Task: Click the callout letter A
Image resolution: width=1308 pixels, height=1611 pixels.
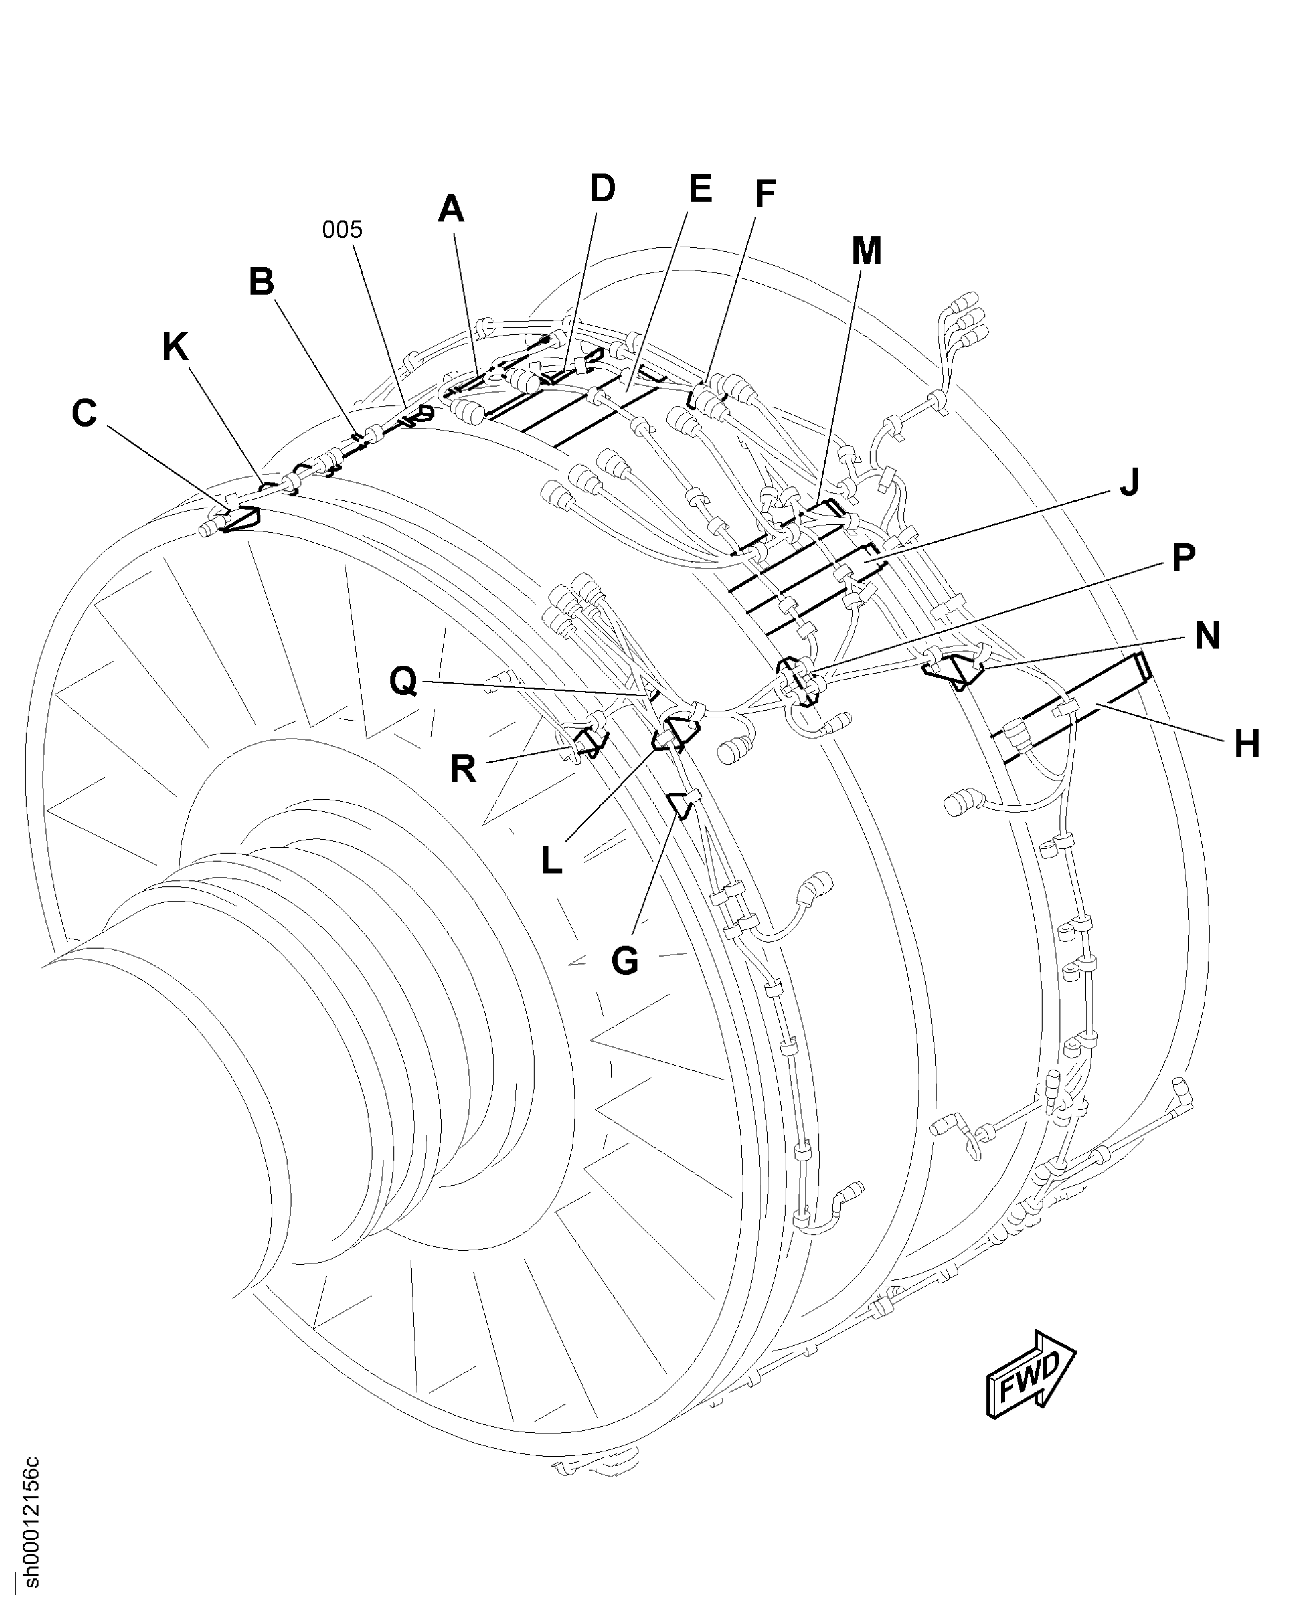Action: [x=451, y=210]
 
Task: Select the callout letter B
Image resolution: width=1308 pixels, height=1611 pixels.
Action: [x=261, y=283]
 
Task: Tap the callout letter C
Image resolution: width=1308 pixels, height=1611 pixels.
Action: [x=84, y=414]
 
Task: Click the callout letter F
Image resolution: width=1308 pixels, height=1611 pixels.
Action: [x=765, y=194]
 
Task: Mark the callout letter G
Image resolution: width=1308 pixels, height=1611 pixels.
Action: [x=625, y=961]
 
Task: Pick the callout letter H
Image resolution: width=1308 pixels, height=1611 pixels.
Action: [x=1247, y=744]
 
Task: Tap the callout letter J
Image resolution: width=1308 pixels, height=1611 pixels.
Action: [x=1128, y=482]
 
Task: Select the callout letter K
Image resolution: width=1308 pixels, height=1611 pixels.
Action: [x=175, y=348]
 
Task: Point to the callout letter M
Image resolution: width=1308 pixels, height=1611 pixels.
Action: [x=866, y=252]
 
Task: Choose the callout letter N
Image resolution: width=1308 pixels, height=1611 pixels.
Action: [x=1207, y=636]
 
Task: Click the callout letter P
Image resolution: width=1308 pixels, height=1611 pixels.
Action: [x=1183, y=559]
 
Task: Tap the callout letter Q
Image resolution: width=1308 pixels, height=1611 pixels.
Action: [x=404, y=682]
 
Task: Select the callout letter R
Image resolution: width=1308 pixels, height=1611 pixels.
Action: [x=464, y=770]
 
